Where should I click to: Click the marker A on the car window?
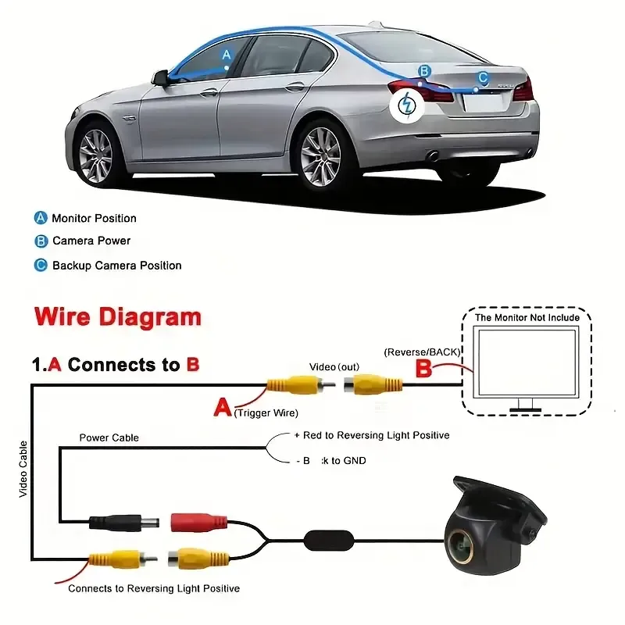227,55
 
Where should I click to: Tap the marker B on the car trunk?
424,71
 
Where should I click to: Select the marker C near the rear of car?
483,77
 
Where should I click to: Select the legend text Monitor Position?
94,218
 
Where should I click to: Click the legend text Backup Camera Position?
116,266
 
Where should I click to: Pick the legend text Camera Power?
91,241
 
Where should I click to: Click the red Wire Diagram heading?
117,317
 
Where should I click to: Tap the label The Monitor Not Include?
527,317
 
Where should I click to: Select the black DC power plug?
124,522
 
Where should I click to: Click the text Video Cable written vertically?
23,469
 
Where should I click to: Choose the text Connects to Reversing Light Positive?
154,587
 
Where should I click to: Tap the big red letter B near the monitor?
423,367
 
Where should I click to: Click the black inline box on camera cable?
329,539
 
